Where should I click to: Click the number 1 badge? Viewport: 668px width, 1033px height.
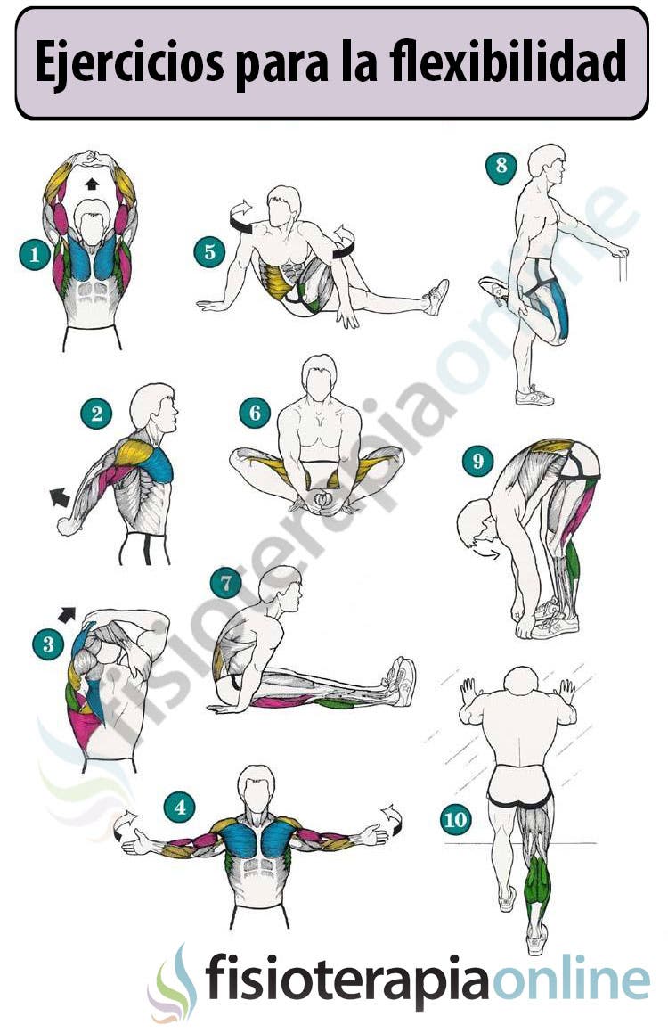click(35, 256)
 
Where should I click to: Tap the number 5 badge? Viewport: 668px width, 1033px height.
click(209, 251)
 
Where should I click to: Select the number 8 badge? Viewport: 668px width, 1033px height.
click(501, 166)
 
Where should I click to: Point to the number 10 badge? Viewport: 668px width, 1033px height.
click(456, 819)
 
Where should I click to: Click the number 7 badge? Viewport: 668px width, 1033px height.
click(226, 584)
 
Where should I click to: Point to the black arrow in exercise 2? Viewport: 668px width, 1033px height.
click(60, 496)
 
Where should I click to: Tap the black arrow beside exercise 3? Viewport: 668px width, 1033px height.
click(67, 613)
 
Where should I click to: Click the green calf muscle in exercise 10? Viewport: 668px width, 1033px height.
click(537, 877)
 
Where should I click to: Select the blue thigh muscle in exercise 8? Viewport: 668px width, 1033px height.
click(558, 307)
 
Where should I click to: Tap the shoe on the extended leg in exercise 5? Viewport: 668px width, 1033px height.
click(436, 296)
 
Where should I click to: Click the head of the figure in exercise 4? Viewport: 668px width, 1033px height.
click(256, 786)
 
